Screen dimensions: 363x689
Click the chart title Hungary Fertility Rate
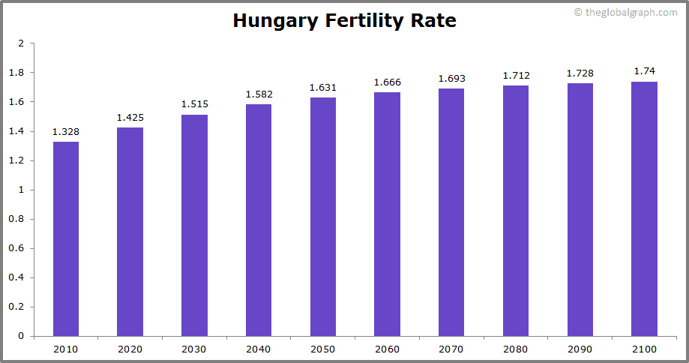pos(344,20)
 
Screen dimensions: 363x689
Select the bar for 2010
pos(65,238)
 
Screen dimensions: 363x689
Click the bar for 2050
pos(322,217)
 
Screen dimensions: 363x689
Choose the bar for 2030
pos(194,225)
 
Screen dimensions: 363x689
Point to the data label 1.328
pos(65,132)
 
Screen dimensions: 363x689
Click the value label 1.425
pos(130,118)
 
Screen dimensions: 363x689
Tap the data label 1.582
pos(259,94)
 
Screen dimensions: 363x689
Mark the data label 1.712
pos(516,76)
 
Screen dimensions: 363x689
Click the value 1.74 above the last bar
pos(644,71)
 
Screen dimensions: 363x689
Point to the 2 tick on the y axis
pos(21,43)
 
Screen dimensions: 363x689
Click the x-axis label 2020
pos(130,349)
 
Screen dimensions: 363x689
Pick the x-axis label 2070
pos(451,349)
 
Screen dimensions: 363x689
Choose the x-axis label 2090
pos(580,349)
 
